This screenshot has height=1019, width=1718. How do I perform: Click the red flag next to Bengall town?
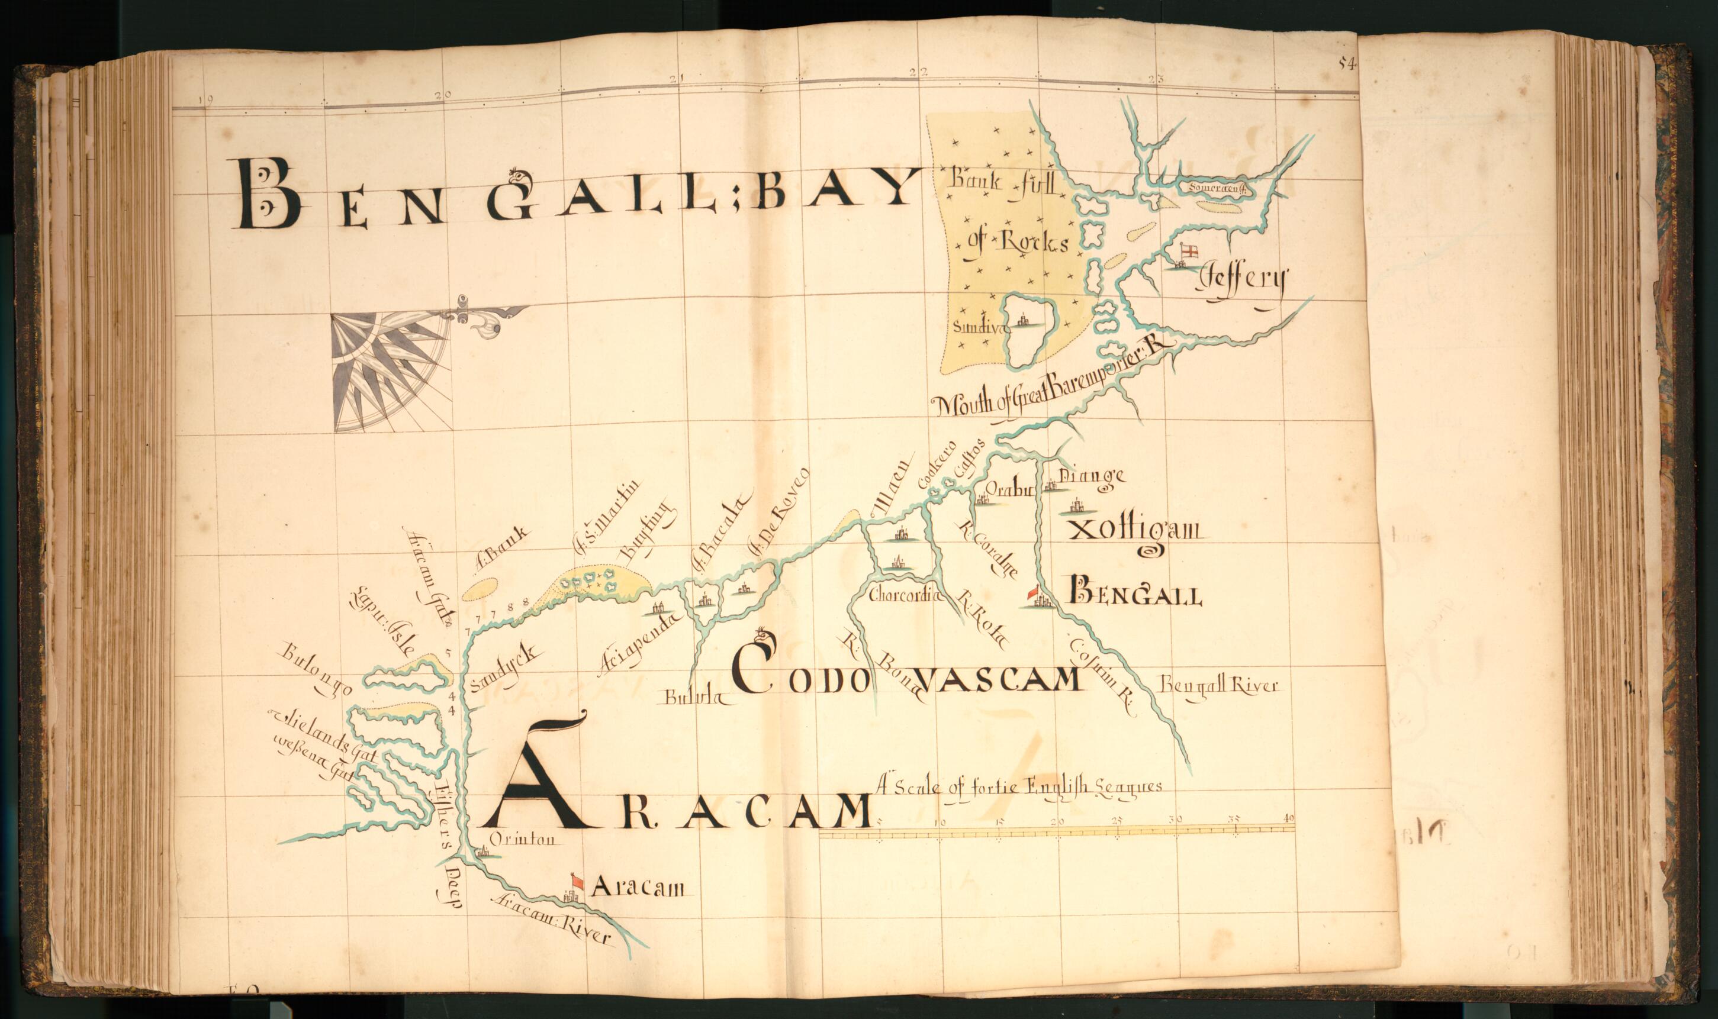1032,592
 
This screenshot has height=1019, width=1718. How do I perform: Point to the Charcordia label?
903,595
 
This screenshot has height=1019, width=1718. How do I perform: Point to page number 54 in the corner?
1346,64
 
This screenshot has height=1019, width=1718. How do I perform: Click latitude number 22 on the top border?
918,72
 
